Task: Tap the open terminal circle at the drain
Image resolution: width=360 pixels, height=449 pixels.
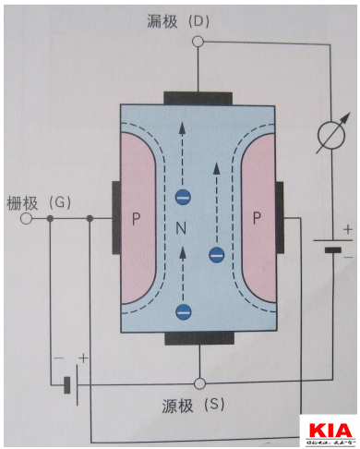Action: [198, 42]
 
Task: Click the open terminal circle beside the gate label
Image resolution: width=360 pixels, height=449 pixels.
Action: [27, 220]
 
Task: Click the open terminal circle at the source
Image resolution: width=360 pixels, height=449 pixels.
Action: [198, 382]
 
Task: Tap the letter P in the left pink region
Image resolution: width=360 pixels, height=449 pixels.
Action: [137, 219]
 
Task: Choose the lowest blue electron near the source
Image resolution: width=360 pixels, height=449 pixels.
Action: [183, 311]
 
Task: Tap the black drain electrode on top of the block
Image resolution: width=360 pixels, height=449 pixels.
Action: [198, 97]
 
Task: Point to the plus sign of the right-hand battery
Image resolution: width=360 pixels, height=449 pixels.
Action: [347, 229]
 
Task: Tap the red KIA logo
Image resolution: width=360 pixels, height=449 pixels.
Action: [329, 431]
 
